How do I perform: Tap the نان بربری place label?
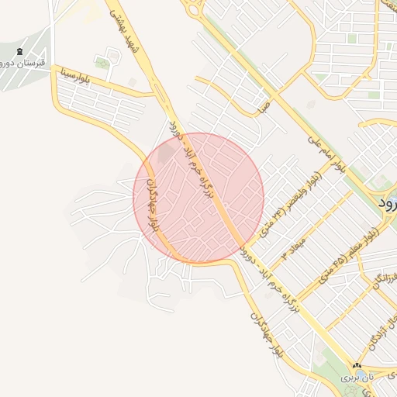359,378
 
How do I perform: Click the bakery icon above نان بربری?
357,365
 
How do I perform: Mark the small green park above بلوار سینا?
102,61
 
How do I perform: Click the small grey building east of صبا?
311,103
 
